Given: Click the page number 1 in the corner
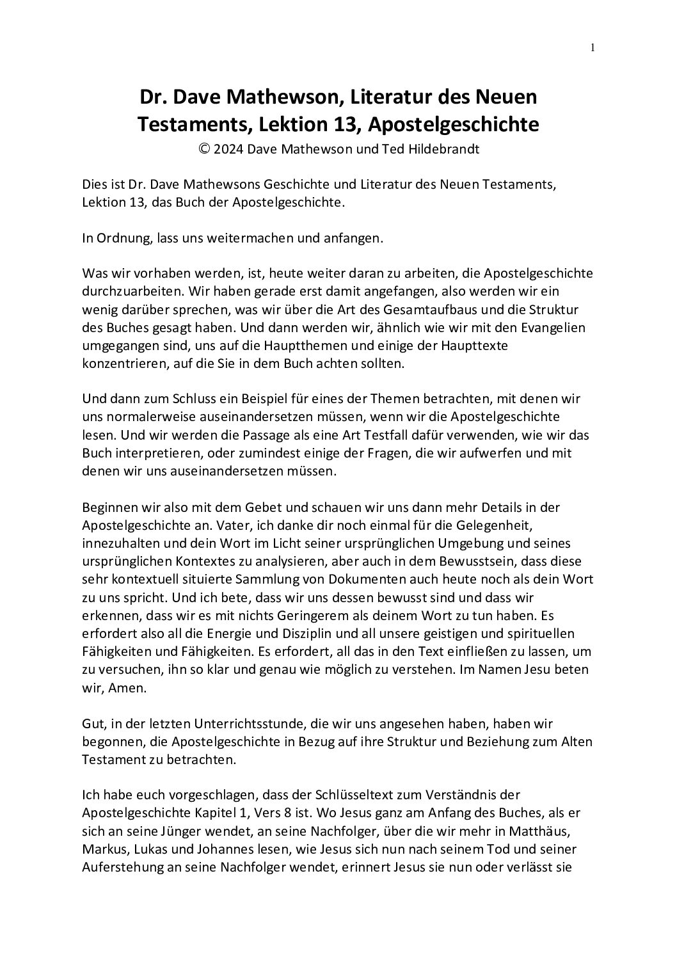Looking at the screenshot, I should (x=593, y=47).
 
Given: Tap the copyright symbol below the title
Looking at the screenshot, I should (x=204, y=149).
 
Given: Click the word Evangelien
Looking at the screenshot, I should (x=556, y=328).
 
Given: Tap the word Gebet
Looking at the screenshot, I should (x=260, y=507).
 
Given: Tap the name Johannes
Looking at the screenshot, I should (x=245, y=849).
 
